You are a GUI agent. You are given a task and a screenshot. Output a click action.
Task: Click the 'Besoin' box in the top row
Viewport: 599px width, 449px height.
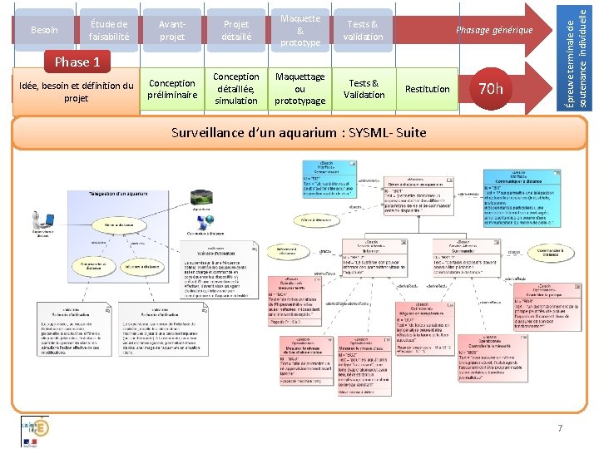click(x=44, y=30)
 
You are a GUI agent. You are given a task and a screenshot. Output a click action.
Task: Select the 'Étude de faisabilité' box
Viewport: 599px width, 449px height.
click(x=109, y=30)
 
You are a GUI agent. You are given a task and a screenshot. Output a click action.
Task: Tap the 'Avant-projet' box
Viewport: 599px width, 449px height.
click(x=172, y=30)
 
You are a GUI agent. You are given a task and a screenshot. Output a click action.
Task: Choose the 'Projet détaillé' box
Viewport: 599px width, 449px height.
click(x=235, y=30)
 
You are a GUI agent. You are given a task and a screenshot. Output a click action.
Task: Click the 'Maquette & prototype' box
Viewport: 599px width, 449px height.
click(x=299, y=30)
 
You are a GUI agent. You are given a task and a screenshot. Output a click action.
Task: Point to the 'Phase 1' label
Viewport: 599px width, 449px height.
click(x=77, y=62)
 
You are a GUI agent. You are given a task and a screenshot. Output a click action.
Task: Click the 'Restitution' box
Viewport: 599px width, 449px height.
click(x=427, y=89)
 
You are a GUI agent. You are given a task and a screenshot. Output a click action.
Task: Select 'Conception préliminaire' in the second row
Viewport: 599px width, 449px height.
click(x=172, y=89)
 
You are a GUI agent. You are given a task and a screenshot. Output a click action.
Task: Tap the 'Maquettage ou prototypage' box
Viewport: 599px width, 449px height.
click(x=299, y=89)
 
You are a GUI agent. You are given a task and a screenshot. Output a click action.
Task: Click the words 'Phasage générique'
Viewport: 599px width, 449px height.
click(x=494, y=30)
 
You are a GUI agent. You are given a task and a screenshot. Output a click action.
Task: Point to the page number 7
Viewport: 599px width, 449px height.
click(x=560, y=427)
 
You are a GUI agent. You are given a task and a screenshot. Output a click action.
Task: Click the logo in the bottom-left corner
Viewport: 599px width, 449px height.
click(x=34, y=431)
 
